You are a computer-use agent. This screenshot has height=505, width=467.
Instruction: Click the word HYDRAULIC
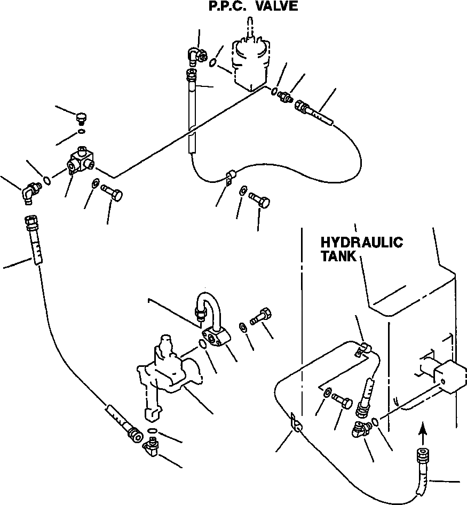pyautogui.click(x=361, y=243)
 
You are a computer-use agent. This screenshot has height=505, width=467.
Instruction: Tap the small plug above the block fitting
pyautogui.click(x=81, y=117)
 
